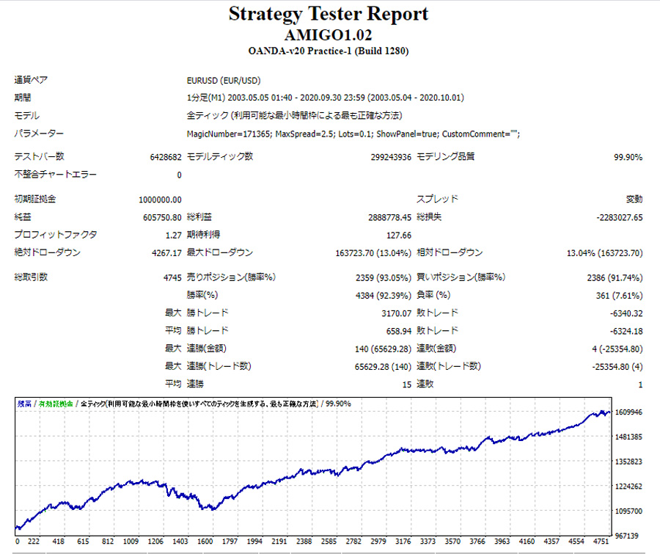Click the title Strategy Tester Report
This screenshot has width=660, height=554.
[x=329, y=14]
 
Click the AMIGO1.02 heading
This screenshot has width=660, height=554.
[x=329, y=34]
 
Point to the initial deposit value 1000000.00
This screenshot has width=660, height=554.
[x=160, y=200]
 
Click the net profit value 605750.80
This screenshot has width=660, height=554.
[x=162, y=218]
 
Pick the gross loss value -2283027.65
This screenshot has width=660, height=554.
[x=609, y=218]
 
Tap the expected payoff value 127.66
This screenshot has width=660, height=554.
[x=397, y=236]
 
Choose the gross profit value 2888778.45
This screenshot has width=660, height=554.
[x=389, y=218]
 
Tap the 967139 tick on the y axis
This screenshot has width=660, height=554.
[x=629, y=536]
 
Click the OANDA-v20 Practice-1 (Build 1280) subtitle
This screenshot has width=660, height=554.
[x=329, y=51]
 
